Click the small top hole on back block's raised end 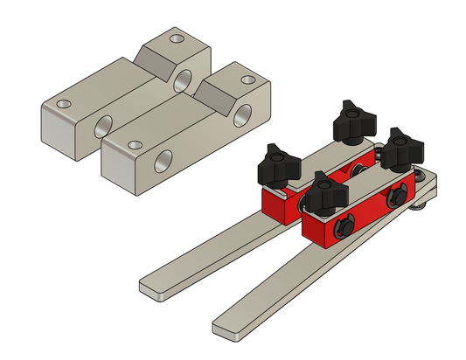pyautogui.click(x=178, y=40)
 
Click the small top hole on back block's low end pyautogui.click(x=62, y=104)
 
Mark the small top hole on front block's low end pyautogui.click(x=132, y=144)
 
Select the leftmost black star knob pyautogui.click(x=277, y=163)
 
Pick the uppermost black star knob pyautogui.click(x=352, y=120)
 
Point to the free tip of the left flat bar pyautogui.click(x=150, y=287)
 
